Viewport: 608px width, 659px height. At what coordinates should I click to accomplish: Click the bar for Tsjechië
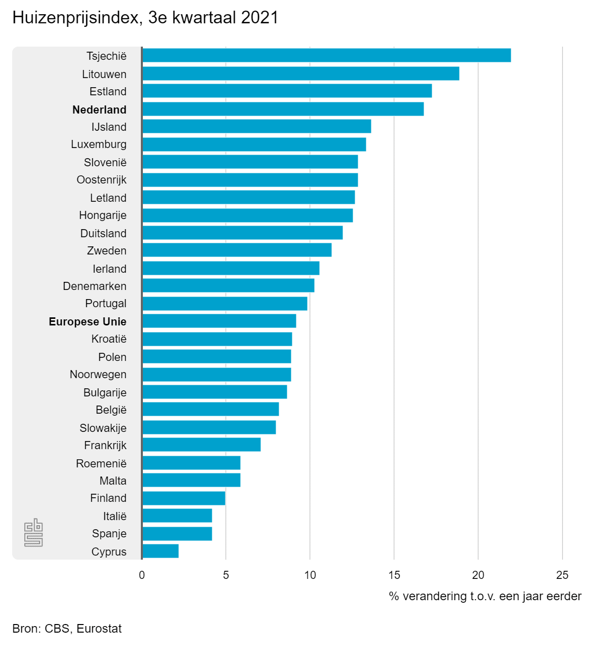[326, 55]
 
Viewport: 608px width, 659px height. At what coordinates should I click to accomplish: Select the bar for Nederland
[283, 109]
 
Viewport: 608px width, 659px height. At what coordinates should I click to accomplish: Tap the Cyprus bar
[160, 551]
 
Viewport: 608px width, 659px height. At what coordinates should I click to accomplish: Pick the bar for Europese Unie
[219, 321]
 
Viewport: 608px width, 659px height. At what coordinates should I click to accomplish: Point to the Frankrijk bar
[201, 445]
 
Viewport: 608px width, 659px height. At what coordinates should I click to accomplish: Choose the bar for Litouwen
[300, 74]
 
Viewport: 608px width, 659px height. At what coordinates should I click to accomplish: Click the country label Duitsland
[103, 233]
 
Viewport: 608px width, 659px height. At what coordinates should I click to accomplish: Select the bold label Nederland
[99, 109]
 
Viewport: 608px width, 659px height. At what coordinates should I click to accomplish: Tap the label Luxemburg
[99, 144]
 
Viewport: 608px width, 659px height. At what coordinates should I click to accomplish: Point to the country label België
[111, 410]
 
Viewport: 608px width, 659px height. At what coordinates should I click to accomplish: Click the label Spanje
[109, 533]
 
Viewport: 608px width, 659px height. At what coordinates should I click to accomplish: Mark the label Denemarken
[95, 286]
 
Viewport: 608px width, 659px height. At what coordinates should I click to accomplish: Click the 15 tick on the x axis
[394, 575]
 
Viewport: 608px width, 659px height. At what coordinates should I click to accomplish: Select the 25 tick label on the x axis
[562, 575]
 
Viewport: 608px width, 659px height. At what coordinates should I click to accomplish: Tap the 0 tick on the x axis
[142, 575]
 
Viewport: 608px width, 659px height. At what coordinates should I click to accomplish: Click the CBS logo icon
[33, 532]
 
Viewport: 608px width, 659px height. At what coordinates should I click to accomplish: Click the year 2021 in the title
[260, 18]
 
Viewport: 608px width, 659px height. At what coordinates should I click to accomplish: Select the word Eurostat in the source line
[99, 629]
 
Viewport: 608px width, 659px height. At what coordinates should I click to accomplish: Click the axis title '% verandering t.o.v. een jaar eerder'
[485, 596]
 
